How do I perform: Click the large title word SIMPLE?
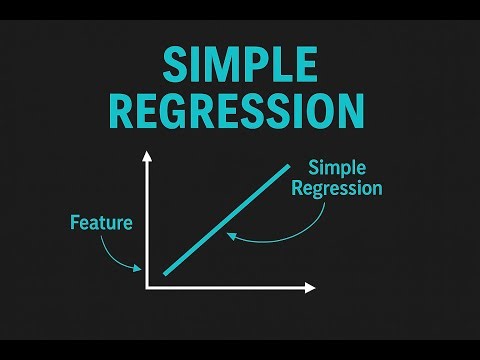pos(240,67)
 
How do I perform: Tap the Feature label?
pos(101,222)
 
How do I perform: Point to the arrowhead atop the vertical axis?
pos(147,156)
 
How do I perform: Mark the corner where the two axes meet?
pos(148,288)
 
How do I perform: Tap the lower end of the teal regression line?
pos(166,271)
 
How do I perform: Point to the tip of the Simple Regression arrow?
pos(228,235)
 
